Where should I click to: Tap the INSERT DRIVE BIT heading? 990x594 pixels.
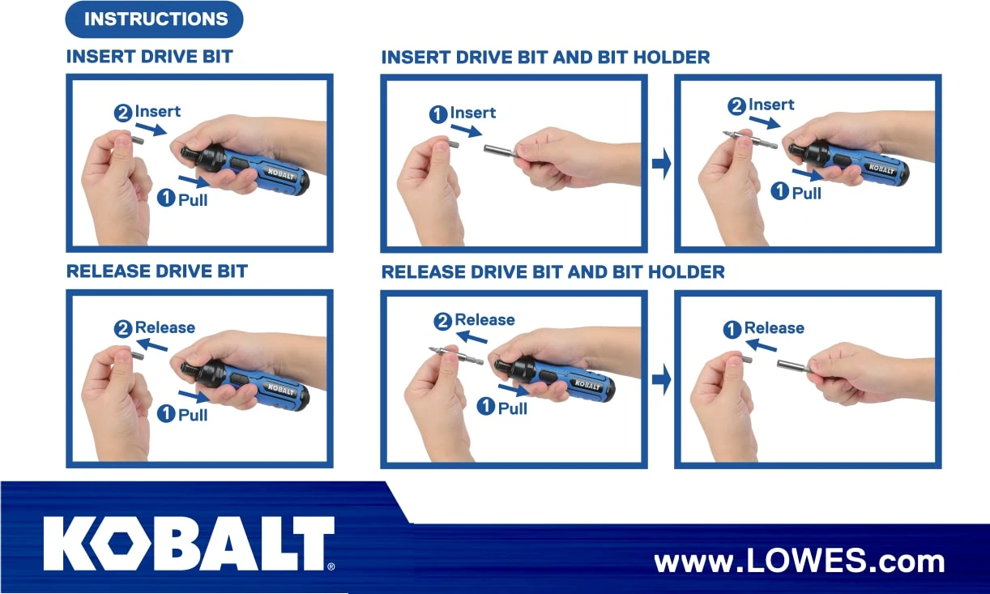[x=149, y=58]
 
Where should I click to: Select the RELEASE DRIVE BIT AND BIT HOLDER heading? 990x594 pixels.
[x=553, y=272]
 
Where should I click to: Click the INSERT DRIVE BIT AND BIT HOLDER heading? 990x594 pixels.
[x=545, y=58]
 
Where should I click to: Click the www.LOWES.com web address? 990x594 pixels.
[x=799, y=561]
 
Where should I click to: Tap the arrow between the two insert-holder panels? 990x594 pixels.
[x=661, y=165]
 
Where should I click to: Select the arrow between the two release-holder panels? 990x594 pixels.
[x=661, y=379]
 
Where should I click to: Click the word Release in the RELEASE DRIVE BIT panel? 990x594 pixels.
[x=165, y=328]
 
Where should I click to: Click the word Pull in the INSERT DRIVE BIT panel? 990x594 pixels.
[x=193, y=199]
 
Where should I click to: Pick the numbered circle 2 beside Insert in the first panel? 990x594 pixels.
[x=124, y=113]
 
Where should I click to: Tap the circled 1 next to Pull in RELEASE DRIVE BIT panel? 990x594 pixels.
[x=166, y=414]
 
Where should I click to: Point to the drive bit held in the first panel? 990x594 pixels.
[x=134, y=139]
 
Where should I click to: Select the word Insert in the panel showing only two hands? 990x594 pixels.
[x=473, y=113]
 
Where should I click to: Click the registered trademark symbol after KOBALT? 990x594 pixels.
[x=331, y=566]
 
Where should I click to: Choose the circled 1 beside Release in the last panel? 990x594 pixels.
[x=732, y=329]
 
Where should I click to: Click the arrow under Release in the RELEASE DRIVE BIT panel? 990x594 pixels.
[x=151, y=346]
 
